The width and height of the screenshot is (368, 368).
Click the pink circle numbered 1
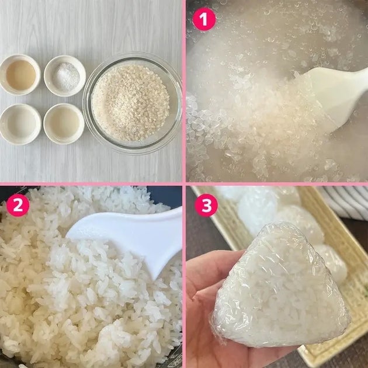[204, 19]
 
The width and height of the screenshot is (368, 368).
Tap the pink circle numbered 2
[18, 205]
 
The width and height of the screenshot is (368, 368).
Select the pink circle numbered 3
[207, 205]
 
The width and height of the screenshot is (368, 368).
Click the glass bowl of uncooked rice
[132, 103]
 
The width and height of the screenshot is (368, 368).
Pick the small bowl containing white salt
[65, 76]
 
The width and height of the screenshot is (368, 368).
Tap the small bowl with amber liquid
[20, 75]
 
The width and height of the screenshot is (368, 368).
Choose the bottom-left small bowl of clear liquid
[20, 124]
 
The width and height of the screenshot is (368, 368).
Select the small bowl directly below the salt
[64, 124]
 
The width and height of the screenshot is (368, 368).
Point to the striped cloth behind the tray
[345, 202]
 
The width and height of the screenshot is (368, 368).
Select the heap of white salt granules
[66, 77]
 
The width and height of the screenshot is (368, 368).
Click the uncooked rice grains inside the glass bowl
[130, 103]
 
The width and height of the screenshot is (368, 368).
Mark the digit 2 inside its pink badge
[18, 205]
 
